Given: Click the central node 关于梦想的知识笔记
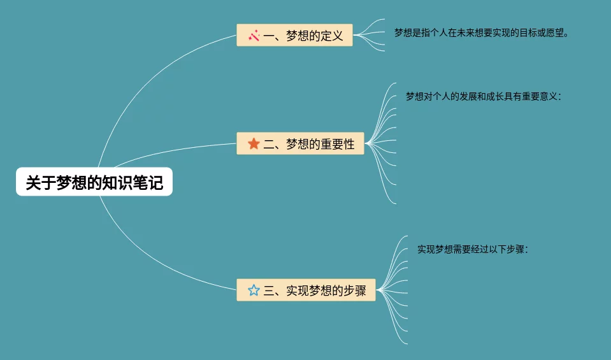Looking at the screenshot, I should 94,183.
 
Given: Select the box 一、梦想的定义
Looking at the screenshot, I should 294,36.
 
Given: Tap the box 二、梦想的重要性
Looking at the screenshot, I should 300,144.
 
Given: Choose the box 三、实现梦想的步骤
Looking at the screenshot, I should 306,291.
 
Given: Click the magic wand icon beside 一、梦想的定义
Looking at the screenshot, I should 253,36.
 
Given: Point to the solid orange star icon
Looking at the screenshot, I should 254,144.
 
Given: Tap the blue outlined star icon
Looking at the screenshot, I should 254,291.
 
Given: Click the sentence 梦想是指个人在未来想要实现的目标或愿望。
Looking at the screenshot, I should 481,32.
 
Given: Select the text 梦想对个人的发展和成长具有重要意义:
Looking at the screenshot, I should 484,97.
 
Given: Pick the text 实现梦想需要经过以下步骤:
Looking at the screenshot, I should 473,249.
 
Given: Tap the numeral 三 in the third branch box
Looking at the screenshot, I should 268,291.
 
